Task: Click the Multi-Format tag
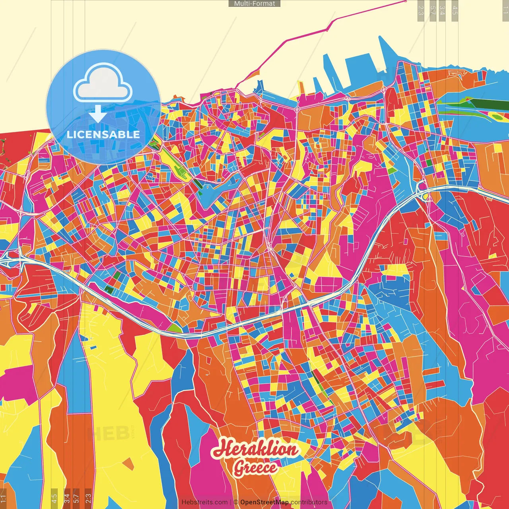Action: tap(254, 4)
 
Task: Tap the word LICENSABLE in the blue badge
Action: tap(103, 134)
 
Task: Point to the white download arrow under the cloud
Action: tap(97, 114)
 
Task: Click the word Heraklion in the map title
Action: tap(255, 449)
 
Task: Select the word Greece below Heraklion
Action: tap(255, 468)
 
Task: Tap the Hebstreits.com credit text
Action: tap(204, 502)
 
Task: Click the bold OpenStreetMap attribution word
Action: tap(264, 502)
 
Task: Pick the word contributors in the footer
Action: tap(309, 502)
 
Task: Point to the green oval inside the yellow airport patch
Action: tap(497, 117)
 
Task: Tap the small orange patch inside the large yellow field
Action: tap(128, 464)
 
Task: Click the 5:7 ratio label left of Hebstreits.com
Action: tap(76, 497)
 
